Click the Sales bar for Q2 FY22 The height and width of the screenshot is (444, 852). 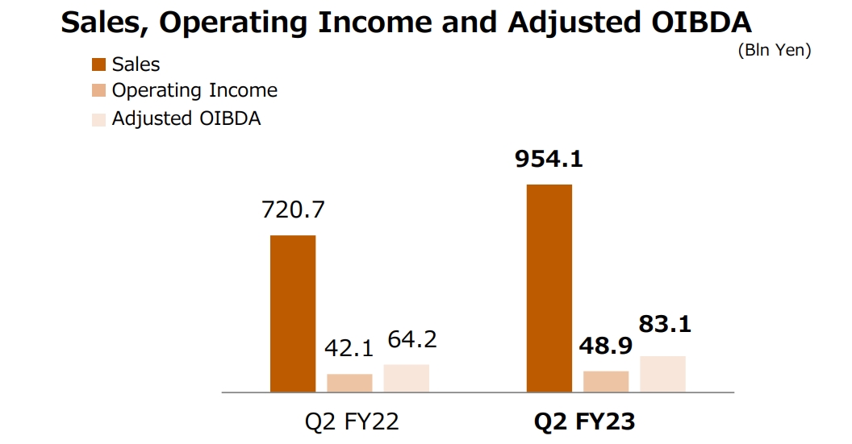pos(292,313)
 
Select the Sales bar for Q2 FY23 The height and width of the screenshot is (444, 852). pos(549,288)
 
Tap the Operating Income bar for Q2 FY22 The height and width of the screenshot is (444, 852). pos(349,383)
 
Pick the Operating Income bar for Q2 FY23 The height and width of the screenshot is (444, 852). pos(606,381)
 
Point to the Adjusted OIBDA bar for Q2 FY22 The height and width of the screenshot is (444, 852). pos(406,378)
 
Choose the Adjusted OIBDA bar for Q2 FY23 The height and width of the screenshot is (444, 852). pos(662,374)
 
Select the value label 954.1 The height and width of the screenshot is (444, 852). pos(549,159)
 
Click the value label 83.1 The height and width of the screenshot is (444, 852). pos(665,326)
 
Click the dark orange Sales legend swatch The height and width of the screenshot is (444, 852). pos(99,64)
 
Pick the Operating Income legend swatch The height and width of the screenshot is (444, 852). pos(99,91)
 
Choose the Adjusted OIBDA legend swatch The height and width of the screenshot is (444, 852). pos(99,118)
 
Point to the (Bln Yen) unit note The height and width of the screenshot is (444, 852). pos(774,50)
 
